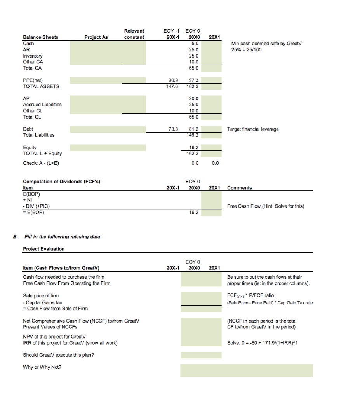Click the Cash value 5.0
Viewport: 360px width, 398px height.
[x=195, y=44]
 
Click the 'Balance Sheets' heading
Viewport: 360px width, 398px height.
[x=41, y=37]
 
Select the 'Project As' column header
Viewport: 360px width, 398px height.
[x=96, y=37]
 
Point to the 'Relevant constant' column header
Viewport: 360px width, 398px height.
[x=134, y=34]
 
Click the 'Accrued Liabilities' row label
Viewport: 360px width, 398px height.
[x=42, y=105]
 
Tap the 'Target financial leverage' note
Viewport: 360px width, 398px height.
[x=253, y=129]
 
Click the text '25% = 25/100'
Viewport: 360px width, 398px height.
[x=246, y=50]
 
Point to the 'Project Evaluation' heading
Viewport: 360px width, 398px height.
[x=44, y=249]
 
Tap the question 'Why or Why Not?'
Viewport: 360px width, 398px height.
[x=42, y=367]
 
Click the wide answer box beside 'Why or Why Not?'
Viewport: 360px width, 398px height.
[x=246, y=370]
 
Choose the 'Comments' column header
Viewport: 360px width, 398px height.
[x=239, y=188]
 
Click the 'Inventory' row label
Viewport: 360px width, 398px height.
[x=33, y=56]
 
